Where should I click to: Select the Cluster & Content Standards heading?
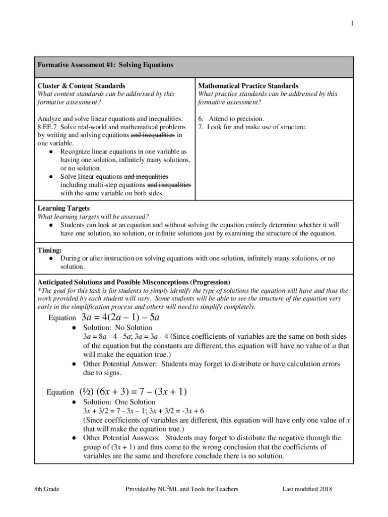pyautogui.click(x=82, y=86)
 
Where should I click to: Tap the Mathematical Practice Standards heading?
pyautogui.click(x=248, y=86)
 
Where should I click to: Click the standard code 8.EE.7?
pyautogui.click(x=49, y=127)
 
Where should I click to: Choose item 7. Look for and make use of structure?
pyautogui.click(x=252, y=127)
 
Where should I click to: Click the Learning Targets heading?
pyautogui.click(x=64, y=209)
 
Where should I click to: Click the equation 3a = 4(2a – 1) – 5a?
pyautogui.click(x=120, y=318)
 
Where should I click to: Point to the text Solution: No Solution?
pyautogui.click(x=117, y=328)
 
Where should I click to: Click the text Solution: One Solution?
pyautogui.click(x=119, y=402)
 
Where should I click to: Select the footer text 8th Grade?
pyautogui.click(x=46, y=489)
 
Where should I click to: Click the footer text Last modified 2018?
pyautogui.click(x=307, y=489)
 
